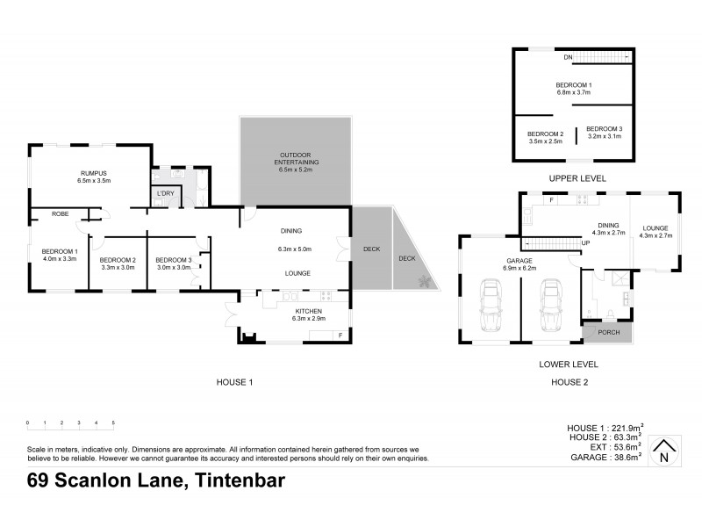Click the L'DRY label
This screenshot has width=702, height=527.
click(x=163, y=193)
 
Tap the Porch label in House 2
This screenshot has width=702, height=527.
click(x=607, y=333)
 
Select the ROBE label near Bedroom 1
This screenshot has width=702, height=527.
click(x=60, y=213)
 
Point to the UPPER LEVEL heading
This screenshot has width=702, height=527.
click(x=574, y=177)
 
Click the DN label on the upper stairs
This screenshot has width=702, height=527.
click(x=569, y=57)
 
